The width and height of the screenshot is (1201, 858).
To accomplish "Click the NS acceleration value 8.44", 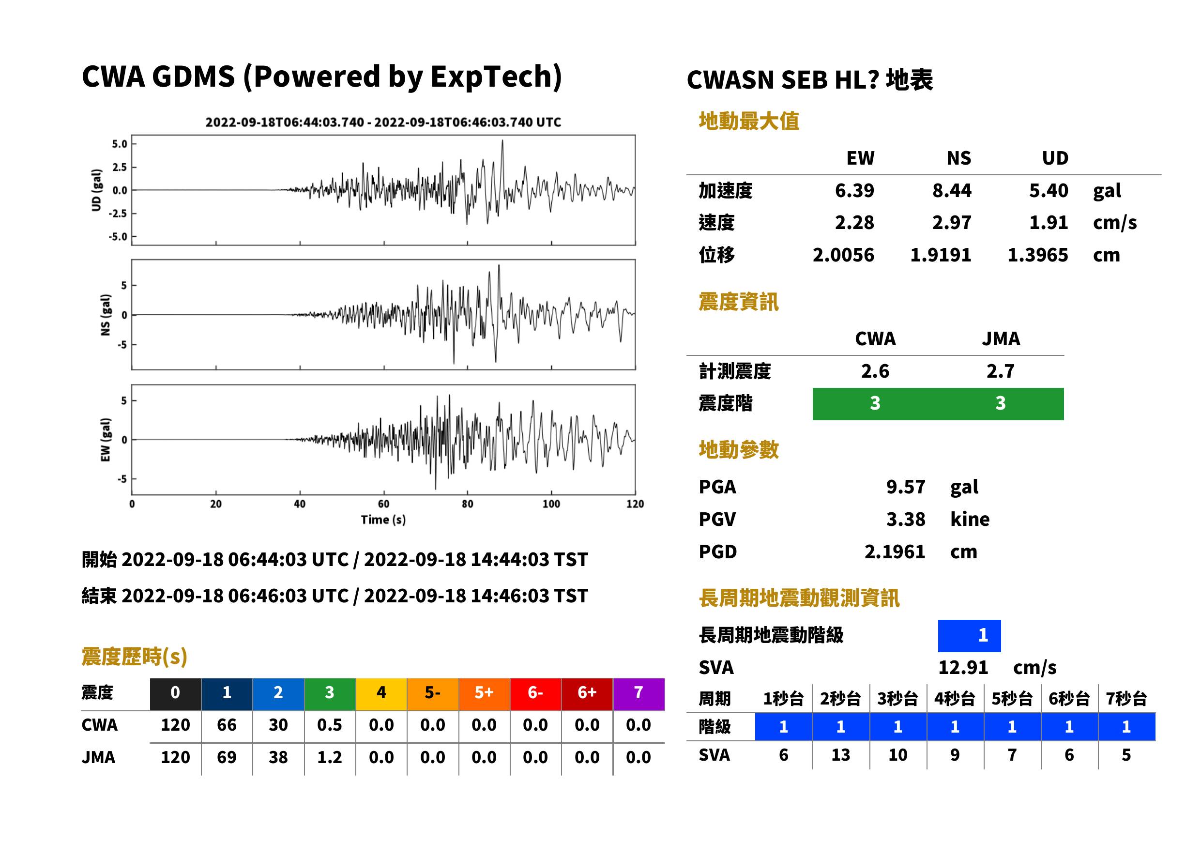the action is (x=951, y=190).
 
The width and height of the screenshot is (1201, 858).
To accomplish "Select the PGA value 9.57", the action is (x=905, y=487).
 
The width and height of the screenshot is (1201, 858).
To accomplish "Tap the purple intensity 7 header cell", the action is (x=638, y=692).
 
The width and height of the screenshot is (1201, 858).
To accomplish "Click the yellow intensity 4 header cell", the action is (x=381, y=692).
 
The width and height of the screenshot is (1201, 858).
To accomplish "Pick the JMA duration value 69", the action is (x=227, y=757).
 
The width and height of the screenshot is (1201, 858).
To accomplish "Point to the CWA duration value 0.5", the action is (x=330, y=725).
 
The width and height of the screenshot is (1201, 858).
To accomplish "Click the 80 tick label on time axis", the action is (x=468, y=504).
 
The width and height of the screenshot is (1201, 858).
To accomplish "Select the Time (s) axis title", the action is (x=383, y=520).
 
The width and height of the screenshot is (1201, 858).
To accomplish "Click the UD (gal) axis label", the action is (x=96, y=190).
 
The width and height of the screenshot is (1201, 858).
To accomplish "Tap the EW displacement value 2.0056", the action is (x=843, y=255).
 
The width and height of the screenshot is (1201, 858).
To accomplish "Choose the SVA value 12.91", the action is (x=963, y=667).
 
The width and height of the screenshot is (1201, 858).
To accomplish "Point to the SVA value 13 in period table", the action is (x=840, y=755).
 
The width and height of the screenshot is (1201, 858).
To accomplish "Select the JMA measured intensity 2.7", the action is (x=1000, y=371).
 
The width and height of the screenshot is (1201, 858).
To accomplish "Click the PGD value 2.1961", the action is (x=895, y=552).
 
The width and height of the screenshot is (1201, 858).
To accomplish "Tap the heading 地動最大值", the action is (x=748, y=121).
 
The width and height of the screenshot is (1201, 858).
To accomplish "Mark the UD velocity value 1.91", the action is (x=1049, y=222).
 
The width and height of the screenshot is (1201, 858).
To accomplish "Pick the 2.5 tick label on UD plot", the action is (x=120, y=167).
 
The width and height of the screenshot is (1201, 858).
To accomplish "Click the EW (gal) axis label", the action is (x=106, y=440).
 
